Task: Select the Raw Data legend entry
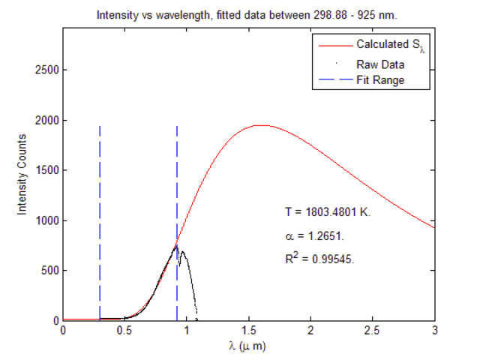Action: point(381,64)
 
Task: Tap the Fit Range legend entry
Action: point(381,80)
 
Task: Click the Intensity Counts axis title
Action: point(22,174)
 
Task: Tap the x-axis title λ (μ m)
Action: point(248,346)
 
